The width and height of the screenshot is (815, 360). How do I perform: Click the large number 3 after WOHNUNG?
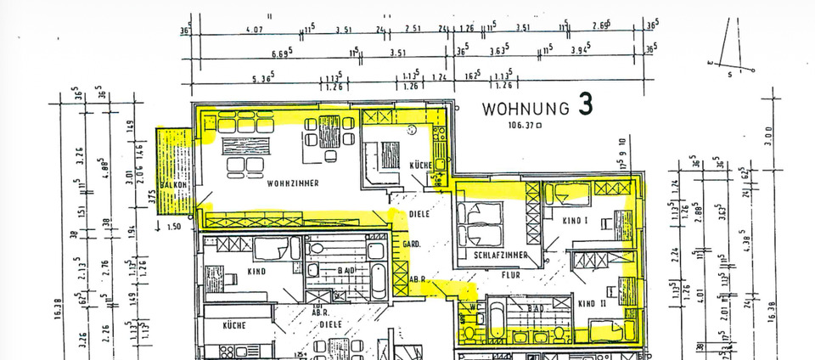click(586, 104)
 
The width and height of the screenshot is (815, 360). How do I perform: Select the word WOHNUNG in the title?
click(526, 109)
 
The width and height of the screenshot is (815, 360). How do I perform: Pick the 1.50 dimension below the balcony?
click(176, 227)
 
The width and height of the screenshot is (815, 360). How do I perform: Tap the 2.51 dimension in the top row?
click(413, 30)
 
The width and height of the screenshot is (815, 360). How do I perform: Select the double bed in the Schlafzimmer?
click(479, 224)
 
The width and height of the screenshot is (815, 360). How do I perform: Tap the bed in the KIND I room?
click(565, 196)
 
